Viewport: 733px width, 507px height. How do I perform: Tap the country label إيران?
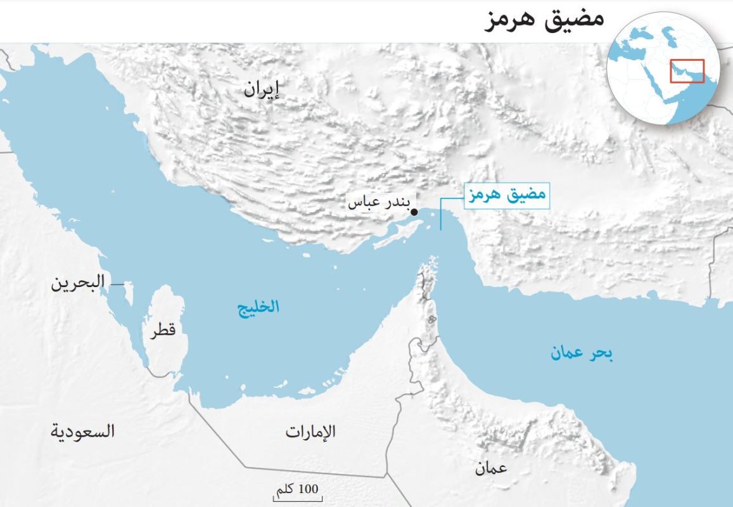261,90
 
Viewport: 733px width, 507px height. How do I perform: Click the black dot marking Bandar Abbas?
414,212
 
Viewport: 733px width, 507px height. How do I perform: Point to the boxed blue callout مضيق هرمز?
506,195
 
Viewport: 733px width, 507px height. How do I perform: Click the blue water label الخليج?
258,308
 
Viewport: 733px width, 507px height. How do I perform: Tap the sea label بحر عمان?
582,354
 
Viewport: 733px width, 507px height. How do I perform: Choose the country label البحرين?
78,283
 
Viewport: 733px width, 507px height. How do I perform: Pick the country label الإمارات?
310,432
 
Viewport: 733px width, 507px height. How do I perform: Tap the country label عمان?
491,468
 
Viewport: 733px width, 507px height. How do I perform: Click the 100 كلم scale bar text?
296,489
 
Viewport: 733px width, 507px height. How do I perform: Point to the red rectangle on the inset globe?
687,70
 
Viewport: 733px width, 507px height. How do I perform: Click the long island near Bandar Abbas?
397,233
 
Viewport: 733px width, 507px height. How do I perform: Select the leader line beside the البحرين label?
117,285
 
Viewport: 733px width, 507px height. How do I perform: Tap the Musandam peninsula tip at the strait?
431,262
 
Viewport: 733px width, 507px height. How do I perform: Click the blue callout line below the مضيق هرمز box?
441,215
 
